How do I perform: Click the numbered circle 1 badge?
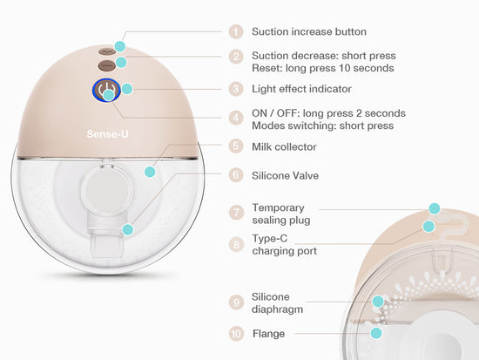click(x=236, y=31)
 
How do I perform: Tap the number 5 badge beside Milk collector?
click(x=236, y=146)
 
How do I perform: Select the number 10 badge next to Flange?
click(x=236, y=333)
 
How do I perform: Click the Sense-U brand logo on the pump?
click(x=107, y=134)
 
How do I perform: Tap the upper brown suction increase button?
click(x=107, y=51)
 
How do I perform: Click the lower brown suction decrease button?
click(x=107, y=65)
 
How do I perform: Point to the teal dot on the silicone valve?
click(x=128, y=229)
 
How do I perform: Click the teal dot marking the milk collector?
click(x=150, y=172)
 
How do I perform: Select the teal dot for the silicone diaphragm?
click(x=378, y=302)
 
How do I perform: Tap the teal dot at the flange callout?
click(x=376, y=333)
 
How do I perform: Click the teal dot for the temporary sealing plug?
click(x=434, y=208)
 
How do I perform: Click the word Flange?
click(x=268, y=333)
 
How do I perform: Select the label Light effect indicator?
click(x=301, y=89)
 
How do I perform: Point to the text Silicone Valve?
click(x=285, y=175)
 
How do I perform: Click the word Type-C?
click(x=270, y=239)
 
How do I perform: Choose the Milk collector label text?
click(x=284, y=146)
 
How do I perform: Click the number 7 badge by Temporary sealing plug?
click(x=236, y=213)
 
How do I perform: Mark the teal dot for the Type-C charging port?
click(x=428, y=227)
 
